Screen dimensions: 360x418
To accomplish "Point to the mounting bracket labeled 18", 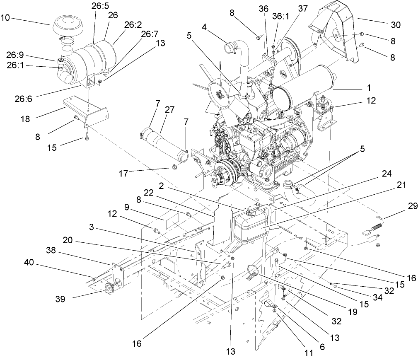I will pyautogui.click(x=85, y=108).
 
